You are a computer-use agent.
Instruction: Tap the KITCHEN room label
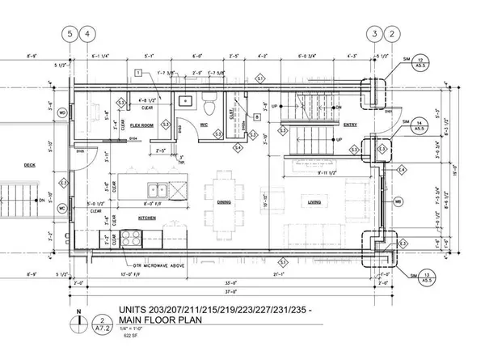tap(146, 218)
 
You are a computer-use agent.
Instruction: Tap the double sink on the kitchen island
tap(157, 191)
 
